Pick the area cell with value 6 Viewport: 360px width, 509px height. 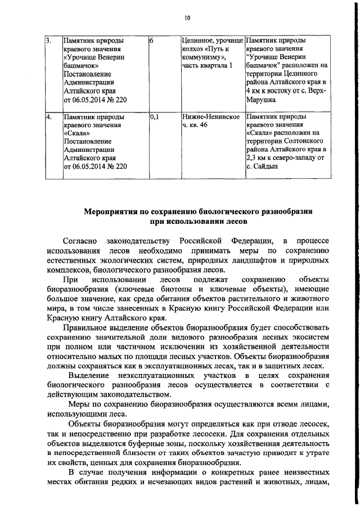[x=152, y=41]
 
